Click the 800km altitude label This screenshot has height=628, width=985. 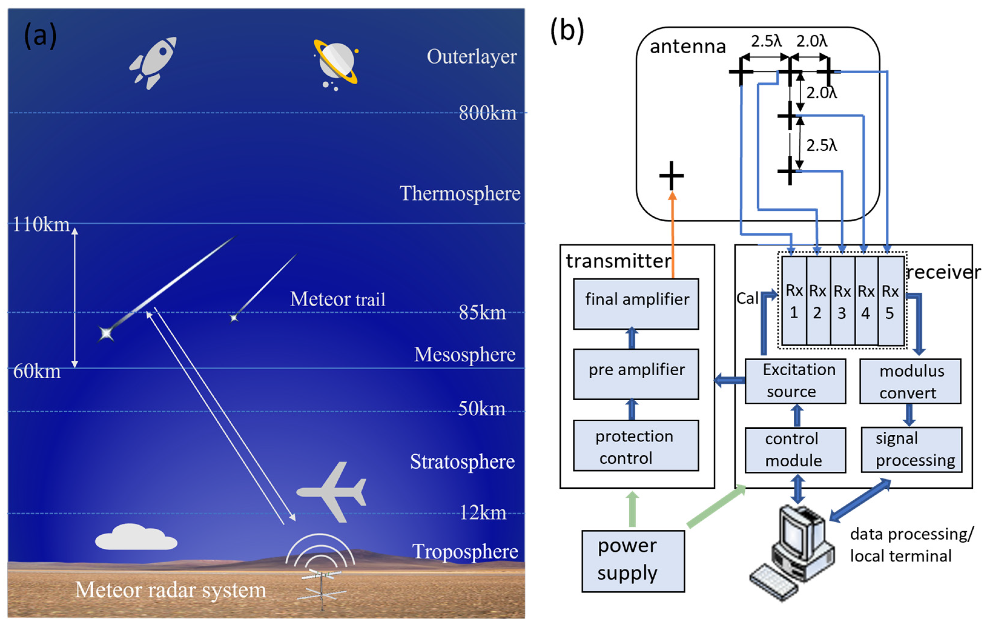click(487, 113)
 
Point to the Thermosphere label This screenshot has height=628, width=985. click(460, 193)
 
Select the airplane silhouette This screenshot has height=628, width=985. click(332, 492)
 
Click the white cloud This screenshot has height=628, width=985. click(136, 537)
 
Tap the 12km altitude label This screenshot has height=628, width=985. click(483, 513)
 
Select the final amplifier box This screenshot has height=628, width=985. click(636, 304)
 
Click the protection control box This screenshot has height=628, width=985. click(636, 446)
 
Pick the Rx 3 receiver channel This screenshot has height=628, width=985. click(842, 301)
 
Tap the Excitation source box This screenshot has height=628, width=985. click(795, 381)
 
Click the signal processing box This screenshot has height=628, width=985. click(911, 450)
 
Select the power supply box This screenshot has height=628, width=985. click(633, 561)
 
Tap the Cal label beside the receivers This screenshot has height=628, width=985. click(747, 298)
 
